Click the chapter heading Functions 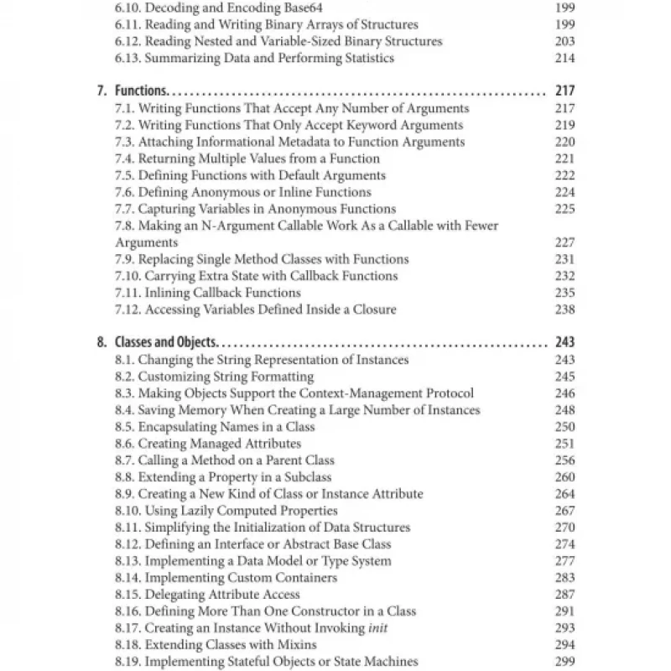pos(141,91)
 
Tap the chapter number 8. pos(102,343)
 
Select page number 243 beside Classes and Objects pos(564,343)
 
